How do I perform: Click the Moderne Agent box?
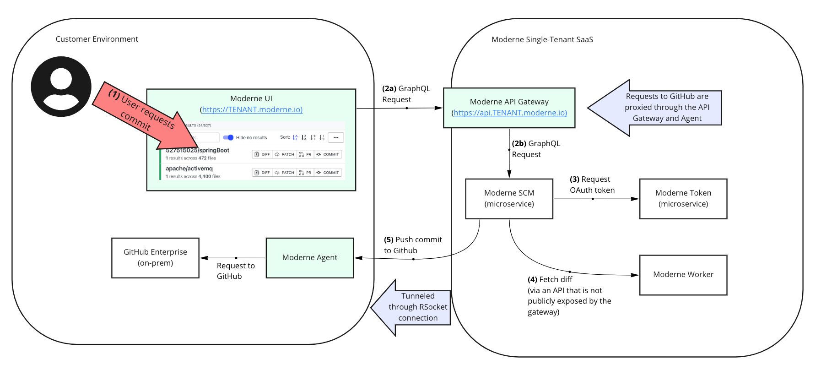pos(310,258)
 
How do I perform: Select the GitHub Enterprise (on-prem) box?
pos(155,258)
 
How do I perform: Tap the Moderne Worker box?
pos(683,275)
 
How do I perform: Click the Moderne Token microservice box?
pos(683,199)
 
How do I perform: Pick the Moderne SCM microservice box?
pos(509,199)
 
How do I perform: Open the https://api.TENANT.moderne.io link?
pos(509,113)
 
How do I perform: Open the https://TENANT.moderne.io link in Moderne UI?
pos(252,110)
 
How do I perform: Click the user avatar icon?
pos(61,87)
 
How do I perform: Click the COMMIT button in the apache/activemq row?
pos(328,173)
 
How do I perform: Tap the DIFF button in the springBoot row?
pos(262,154)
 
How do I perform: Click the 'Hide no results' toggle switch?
pos(228,137)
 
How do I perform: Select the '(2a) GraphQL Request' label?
pos(406,94)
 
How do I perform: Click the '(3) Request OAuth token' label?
pos(592,185)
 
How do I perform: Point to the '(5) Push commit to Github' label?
pos(412,245)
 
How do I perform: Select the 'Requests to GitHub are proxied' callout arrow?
pos(659,108)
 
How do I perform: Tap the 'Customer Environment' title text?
pos(97,39)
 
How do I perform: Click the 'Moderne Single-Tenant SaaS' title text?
pos(542,40)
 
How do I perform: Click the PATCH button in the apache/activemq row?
pos(285,173)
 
